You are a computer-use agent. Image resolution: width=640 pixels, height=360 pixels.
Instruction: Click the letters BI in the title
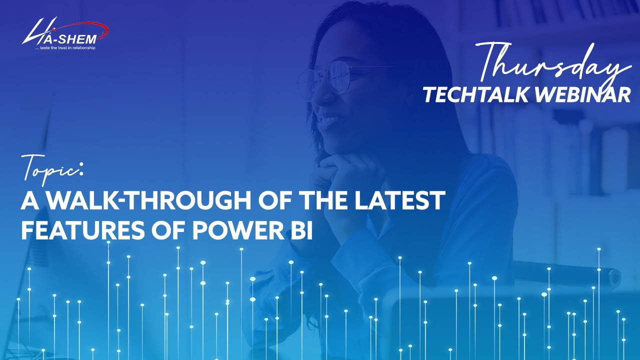coord(299,230)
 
